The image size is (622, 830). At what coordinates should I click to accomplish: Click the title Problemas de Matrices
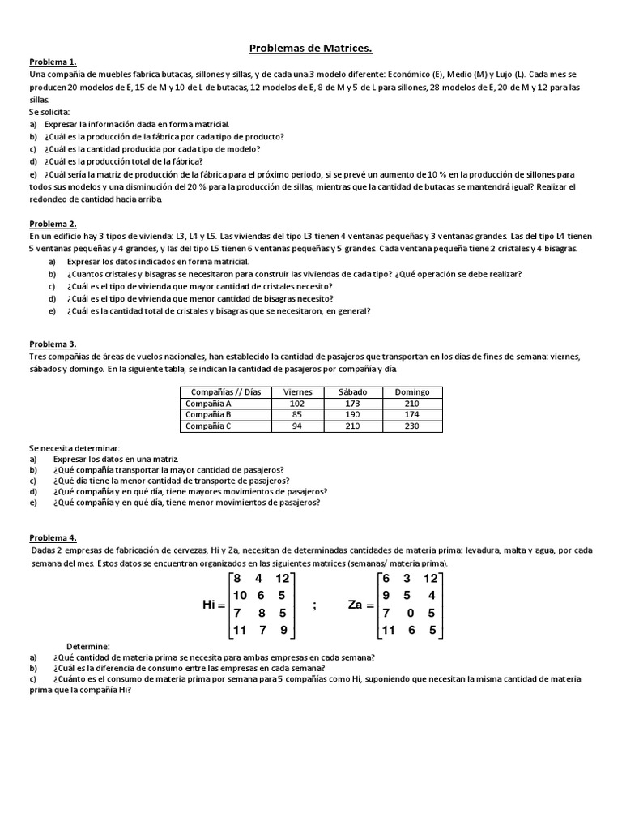coord(311,49)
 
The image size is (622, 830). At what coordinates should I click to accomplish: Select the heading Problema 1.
coord(53,62)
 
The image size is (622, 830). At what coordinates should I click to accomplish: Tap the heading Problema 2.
coord(53,224)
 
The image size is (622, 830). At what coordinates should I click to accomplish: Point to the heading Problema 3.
coord(53,344)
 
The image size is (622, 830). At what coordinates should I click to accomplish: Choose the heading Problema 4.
coord(53,537)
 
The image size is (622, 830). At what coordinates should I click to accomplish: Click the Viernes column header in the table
coord(298,391)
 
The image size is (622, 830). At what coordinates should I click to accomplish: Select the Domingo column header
coord(411,391)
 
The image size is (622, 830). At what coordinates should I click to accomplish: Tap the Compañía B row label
coord(208,414)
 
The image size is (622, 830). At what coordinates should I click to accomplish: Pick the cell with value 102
coord(298,403)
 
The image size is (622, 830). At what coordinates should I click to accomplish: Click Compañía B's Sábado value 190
coord(355,414)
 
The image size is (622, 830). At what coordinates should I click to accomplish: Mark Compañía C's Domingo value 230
coord(411,426)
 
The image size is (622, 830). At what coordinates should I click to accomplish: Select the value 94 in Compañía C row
coord(298,426)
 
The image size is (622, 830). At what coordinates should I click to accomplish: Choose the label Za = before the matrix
coord(360,605)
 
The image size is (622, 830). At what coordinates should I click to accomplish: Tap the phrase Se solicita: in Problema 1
coord(49,111)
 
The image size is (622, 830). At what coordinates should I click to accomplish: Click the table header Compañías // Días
coord(224,391)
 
